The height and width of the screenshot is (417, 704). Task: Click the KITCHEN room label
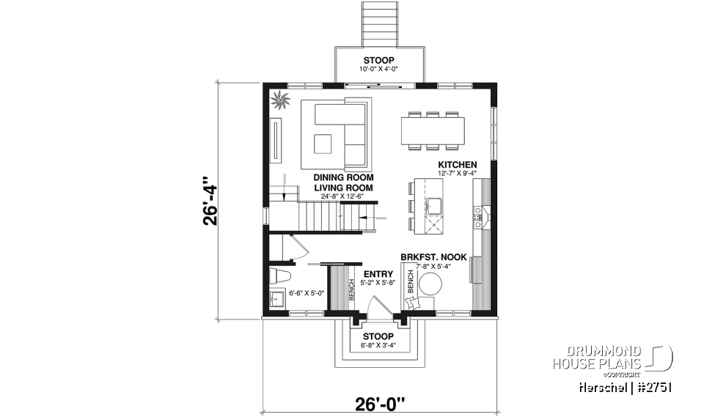pyautogui.click(x=458, y=165)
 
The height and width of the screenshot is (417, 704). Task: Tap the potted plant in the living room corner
pyautogui.click(x=279, y=100)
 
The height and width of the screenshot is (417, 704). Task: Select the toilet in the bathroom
pyautogui.click(x=279, y=276)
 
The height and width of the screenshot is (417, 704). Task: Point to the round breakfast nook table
pyautogui.click(x=430, y=284)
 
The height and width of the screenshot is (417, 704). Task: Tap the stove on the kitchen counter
pyautogui.click(x=479, y=214)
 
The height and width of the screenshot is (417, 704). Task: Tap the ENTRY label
pyautogui.click(x=377, y=274)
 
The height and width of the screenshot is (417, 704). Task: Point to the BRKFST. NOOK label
pyautogui.click(x=433, y=257)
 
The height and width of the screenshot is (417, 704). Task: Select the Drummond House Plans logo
pyautogui.click(x=612, y=358)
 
